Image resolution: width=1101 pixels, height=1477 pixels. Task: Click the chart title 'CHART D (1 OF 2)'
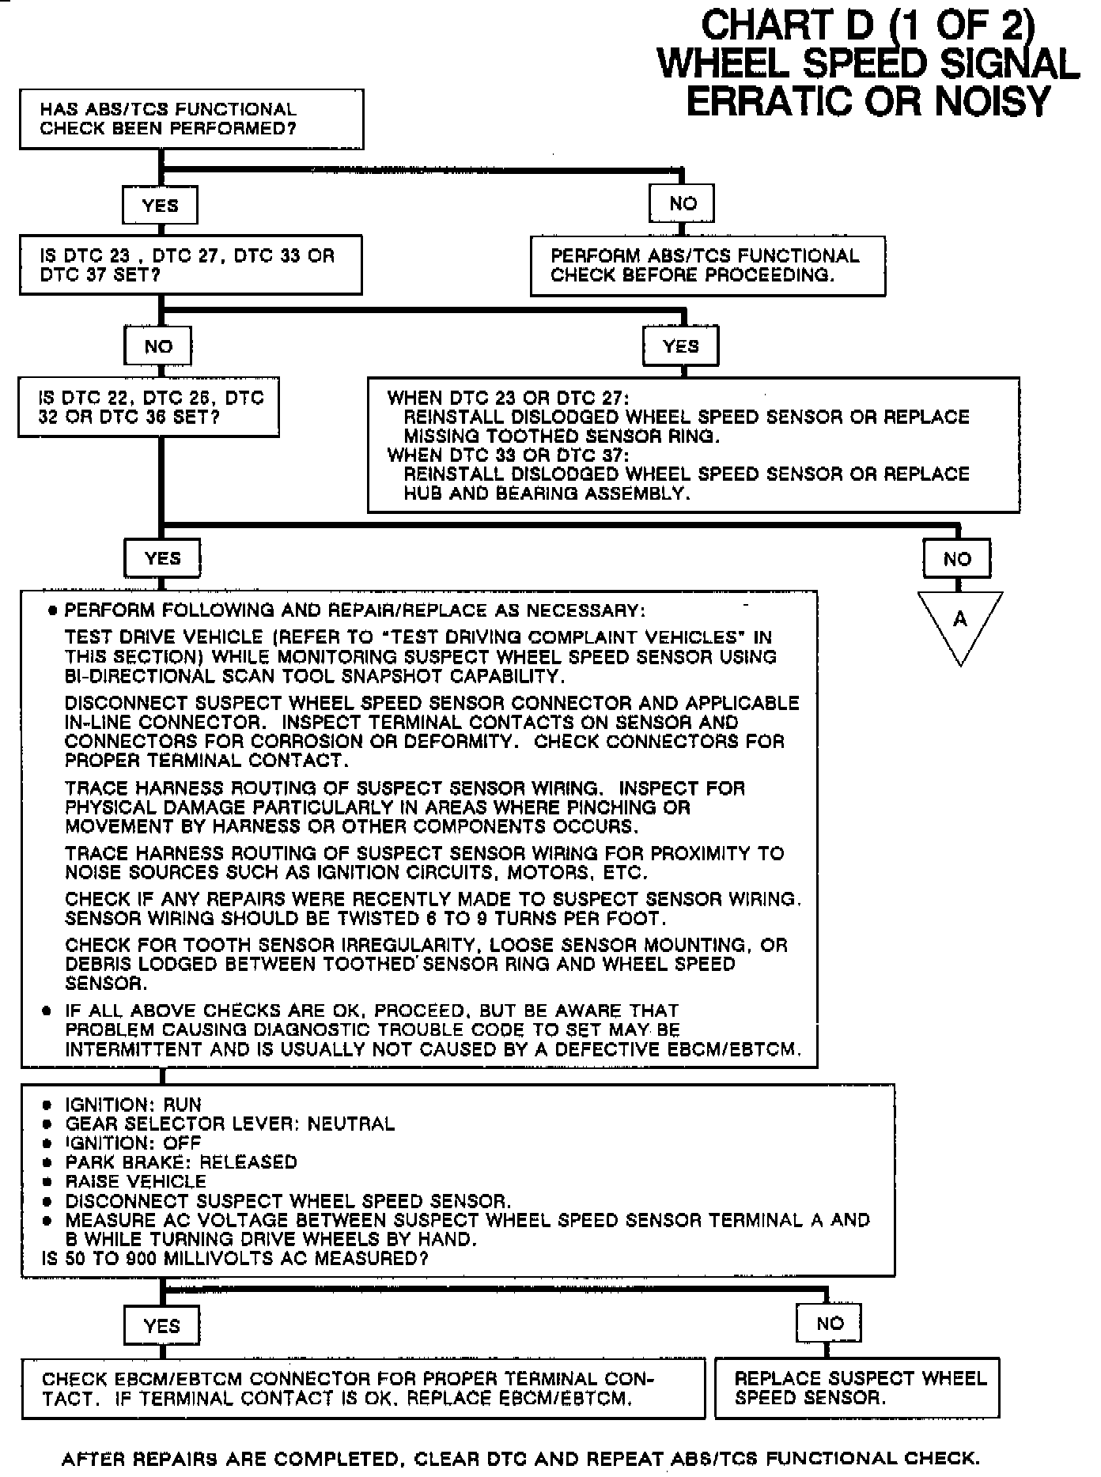[868, 26]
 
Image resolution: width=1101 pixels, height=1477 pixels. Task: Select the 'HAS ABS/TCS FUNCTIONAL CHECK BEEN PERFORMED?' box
[191, 119]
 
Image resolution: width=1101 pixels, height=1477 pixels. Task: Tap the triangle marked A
[960, 624]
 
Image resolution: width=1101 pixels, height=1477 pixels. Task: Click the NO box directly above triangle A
[957, 560]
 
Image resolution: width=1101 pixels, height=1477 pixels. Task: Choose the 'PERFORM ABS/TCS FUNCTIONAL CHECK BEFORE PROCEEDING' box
[707, 266]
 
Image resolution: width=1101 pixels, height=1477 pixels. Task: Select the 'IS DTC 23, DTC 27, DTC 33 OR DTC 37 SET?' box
[191, 265]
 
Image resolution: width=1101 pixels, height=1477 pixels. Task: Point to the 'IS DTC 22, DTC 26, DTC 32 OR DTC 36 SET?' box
[149, 408]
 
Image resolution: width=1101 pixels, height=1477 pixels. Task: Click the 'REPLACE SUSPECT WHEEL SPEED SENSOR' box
[857, 1388]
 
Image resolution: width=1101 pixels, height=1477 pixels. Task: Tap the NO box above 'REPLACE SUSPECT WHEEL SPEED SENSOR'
[830, 1324]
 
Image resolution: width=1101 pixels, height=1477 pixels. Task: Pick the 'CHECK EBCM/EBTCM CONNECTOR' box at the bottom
[363, 1388]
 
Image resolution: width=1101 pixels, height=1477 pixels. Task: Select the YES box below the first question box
[161, 206]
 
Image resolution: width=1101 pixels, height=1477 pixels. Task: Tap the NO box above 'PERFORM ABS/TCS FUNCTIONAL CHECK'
[683, 204]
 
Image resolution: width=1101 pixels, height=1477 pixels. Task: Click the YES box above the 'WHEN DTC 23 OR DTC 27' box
[681, 346]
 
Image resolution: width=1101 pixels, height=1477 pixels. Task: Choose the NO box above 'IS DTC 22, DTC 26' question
[159, 346]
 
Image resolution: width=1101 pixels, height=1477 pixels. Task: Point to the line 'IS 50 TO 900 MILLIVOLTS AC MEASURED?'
[235, 1258]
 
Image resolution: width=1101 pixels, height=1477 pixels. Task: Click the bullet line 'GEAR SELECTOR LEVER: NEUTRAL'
[229, 1124]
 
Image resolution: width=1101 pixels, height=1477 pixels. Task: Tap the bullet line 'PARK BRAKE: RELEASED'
[181, 1162]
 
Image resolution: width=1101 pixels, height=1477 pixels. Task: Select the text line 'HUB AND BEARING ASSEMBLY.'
[547, 493]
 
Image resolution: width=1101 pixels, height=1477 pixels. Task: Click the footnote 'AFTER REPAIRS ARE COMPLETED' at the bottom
[520, 1459]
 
